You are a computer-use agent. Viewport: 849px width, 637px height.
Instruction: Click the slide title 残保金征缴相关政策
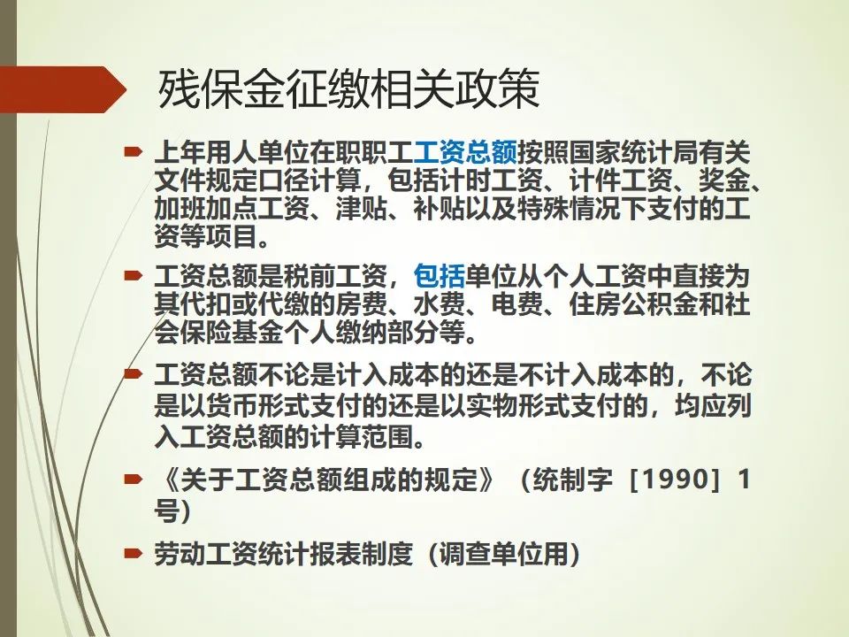tap(349, 89)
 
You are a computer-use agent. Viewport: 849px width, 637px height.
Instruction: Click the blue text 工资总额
tap(465, 153)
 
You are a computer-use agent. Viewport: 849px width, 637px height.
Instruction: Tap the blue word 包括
tap(440, 276)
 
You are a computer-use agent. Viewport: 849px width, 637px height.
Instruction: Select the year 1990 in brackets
tap(674, 479)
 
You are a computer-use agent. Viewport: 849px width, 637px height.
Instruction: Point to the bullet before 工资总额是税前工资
tap(134, 275)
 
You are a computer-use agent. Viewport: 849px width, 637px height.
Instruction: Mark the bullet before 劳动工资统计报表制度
tap(134, 553)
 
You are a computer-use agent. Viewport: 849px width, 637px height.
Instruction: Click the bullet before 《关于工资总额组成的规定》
tap(134, 479)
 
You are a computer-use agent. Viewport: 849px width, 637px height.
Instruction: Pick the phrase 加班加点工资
tap(232, 209)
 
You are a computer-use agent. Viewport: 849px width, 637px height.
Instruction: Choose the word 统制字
tap(573, 480)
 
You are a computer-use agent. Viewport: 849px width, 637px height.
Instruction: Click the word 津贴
tap(362, 209)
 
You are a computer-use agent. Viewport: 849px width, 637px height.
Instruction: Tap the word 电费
tap(517, 304)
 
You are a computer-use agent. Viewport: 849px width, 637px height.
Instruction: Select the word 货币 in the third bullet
tap(232, 406)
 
